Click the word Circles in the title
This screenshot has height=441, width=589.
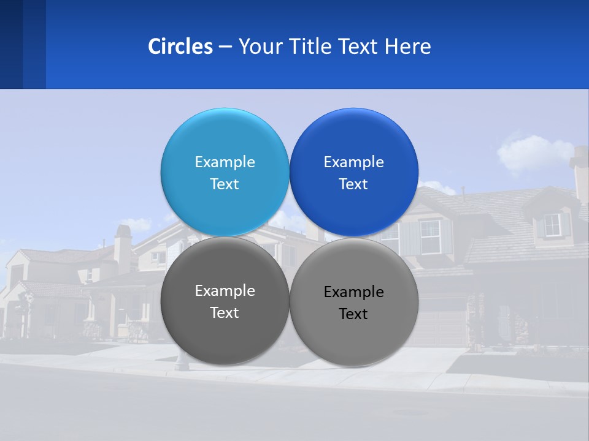(180, 47)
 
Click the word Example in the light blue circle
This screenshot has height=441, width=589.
(225, 162)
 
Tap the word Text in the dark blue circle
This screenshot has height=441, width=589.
(353, 184)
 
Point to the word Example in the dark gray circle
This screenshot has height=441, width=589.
(225, 290)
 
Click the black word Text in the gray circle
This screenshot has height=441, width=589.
(353, 314)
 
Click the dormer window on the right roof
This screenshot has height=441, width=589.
(553, 225)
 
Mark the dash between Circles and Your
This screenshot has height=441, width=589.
(225, 47)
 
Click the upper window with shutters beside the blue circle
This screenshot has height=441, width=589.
(430, 236)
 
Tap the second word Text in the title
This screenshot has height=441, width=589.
(360, 47)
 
